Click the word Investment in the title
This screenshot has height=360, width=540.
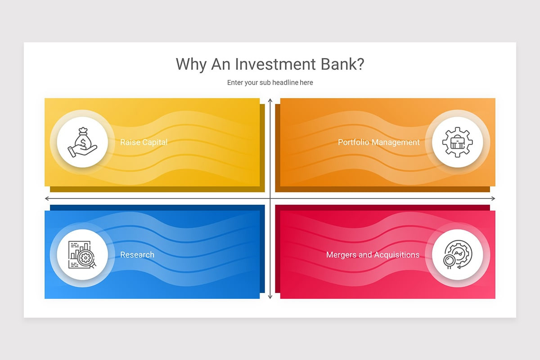tap(269, 64)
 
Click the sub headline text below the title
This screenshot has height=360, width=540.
tap(270, 82)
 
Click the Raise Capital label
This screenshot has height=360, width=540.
tap(144, 142)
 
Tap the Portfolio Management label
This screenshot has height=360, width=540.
tap(378, 142)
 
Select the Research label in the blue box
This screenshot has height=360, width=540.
tap(137, 255)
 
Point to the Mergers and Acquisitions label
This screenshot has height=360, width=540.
tap(373, 255)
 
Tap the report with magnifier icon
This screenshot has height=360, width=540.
tap(82, 255)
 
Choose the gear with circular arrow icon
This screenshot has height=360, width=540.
tap(457, 255)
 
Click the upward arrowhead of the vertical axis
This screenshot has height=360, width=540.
tap(270, 100)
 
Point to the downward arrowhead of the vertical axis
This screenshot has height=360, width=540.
tap(270, 297)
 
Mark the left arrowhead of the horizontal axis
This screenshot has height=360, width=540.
tap(47, 198)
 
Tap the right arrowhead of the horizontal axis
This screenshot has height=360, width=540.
tap(493, 198)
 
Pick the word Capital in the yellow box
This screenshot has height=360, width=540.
tap(154, 142)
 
